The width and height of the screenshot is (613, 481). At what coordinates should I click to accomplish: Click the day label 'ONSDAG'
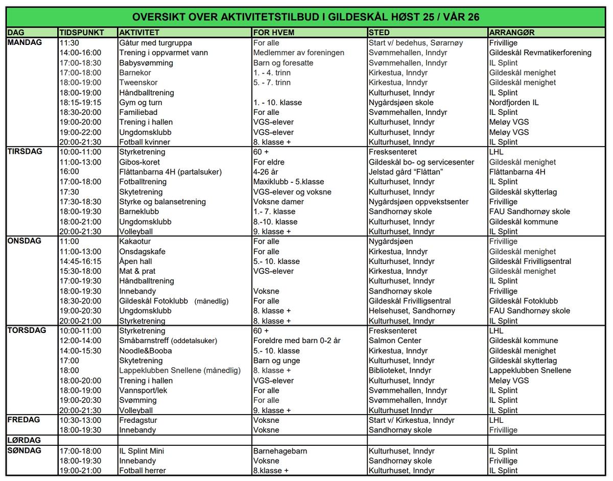click(24, 241)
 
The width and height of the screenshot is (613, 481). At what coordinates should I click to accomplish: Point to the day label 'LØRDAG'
click(24, 440)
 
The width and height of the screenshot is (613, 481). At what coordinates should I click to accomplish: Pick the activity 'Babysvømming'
click(146, 63)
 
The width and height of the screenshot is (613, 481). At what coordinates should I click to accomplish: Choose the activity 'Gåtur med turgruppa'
click(155, 43)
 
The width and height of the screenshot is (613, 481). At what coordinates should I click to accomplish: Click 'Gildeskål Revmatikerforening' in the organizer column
click(540, 53)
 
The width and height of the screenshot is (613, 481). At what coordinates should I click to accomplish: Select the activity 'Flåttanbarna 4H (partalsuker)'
click(171, 172)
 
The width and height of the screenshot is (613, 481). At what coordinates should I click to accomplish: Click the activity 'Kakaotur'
click(135, 242)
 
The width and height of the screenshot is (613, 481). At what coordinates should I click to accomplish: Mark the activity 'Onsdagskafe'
click(142, 252)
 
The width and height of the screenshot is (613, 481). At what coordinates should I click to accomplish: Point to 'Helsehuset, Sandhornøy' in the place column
click(411, 311)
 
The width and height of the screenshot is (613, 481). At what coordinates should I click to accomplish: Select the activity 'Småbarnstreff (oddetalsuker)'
click(168, 341)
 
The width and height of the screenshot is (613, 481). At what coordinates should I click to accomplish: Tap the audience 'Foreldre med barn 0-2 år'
click(296, 341)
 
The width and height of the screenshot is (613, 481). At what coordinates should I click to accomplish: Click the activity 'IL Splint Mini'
click(142, 451)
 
